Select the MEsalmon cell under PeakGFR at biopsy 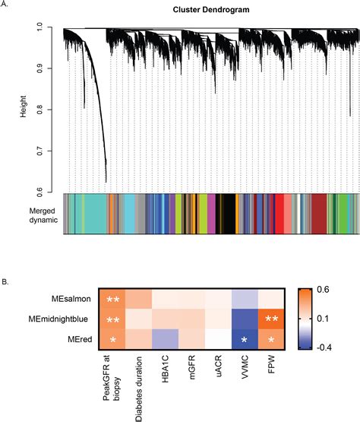click(x=115, y=300)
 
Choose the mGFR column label click(x=193, y=370)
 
